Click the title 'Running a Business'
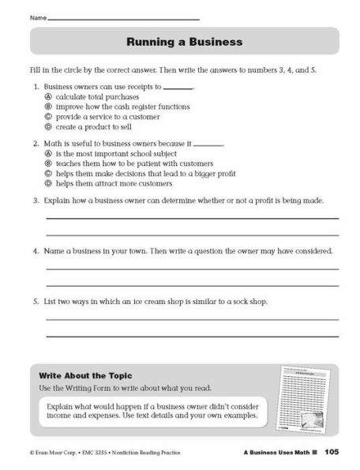184,41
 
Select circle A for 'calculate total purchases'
48,97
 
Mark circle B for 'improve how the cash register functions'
48,107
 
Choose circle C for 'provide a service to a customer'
48,116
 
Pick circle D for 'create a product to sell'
48,126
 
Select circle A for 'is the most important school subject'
48,154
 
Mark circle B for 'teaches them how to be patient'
48,164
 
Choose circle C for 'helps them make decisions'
48,173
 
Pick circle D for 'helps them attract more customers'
48,182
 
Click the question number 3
36,201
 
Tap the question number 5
36,301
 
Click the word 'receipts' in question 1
148,88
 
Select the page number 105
331,451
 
